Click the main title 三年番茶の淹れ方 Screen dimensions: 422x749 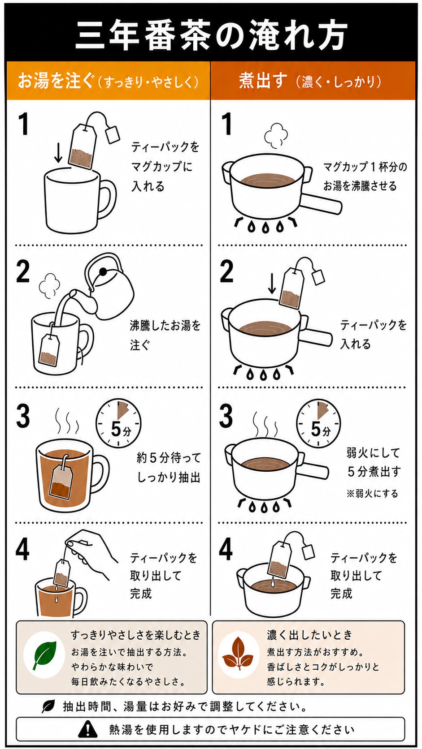pos(211,34)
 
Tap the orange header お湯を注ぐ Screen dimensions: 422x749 pos(56,81)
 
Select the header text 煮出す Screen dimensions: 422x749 pos(263,81)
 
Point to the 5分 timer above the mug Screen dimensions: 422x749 pos(118,423)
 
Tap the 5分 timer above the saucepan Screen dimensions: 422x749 pos(318,423)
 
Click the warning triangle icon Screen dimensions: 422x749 pos(88,729)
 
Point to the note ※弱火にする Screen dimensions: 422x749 pos(372,494)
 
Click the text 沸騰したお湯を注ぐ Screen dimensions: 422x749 pos(165,335)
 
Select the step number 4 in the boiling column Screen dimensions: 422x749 pos(226,549)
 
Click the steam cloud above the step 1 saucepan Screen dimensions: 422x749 pos(276,135)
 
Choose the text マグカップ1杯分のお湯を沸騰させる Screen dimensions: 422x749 pos(365,176)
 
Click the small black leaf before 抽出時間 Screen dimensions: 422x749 pos(48,706)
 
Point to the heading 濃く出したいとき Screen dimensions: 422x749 pos(309,634)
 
